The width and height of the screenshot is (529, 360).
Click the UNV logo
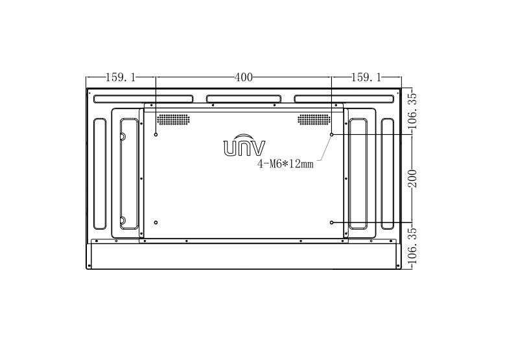244,145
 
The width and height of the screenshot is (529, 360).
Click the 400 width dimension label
244,77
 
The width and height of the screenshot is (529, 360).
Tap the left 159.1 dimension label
121,77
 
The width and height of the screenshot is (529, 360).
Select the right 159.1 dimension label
366,77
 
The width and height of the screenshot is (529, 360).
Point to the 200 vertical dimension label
412,178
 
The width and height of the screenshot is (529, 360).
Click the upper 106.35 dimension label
412,111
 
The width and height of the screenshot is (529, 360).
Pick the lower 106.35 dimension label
412,246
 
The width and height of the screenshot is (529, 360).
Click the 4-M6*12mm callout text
285,164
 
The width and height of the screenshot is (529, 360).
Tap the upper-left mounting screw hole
156,134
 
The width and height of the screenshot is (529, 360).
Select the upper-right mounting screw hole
332,134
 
